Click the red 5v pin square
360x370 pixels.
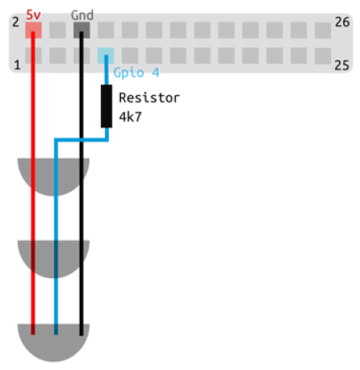33,30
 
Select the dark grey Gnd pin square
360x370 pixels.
82,30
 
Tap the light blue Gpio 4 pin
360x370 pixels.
106,56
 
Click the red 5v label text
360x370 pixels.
33,15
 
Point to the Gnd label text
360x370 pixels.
82,15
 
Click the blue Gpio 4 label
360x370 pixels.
136,73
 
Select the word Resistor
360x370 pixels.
149,98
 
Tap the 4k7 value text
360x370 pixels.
130,117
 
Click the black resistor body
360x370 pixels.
107,106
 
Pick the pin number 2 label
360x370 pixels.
16,22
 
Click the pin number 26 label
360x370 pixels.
342,22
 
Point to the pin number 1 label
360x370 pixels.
17,64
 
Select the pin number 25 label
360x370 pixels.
341,65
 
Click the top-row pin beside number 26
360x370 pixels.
323,31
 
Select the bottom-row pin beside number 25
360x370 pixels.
323,56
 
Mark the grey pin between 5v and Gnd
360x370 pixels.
57,30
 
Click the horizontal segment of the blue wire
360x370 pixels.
82,139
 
